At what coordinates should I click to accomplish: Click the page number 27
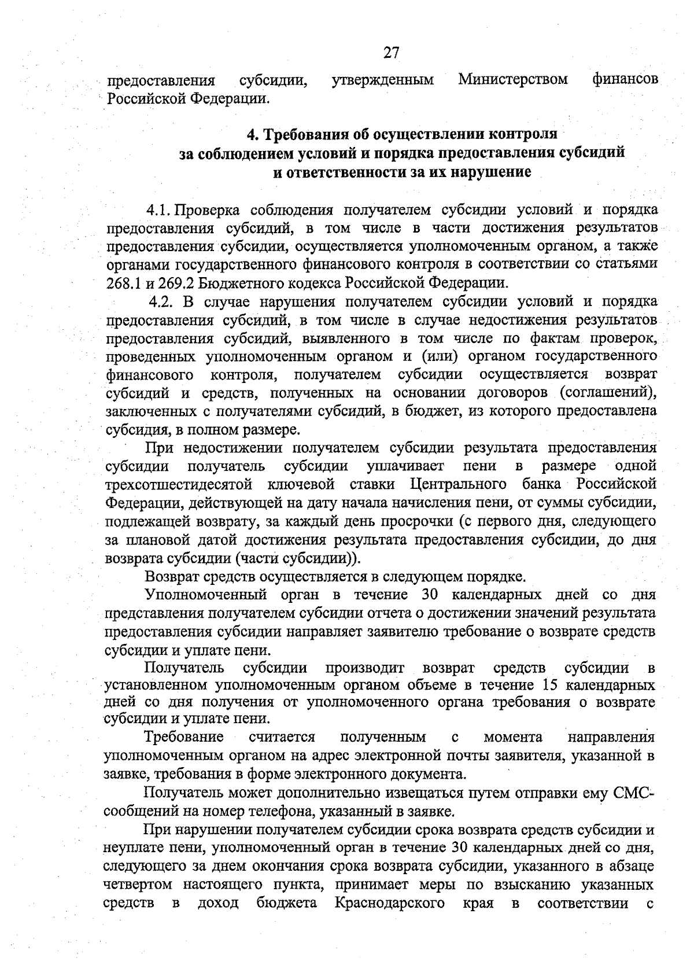(x=392, y=53)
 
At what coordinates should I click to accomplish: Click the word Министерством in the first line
(x=513, y=79)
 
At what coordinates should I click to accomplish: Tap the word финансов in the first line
(x=625, y=79)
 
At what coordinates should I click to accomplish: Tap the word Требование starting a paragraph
(x=184, y=737)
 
